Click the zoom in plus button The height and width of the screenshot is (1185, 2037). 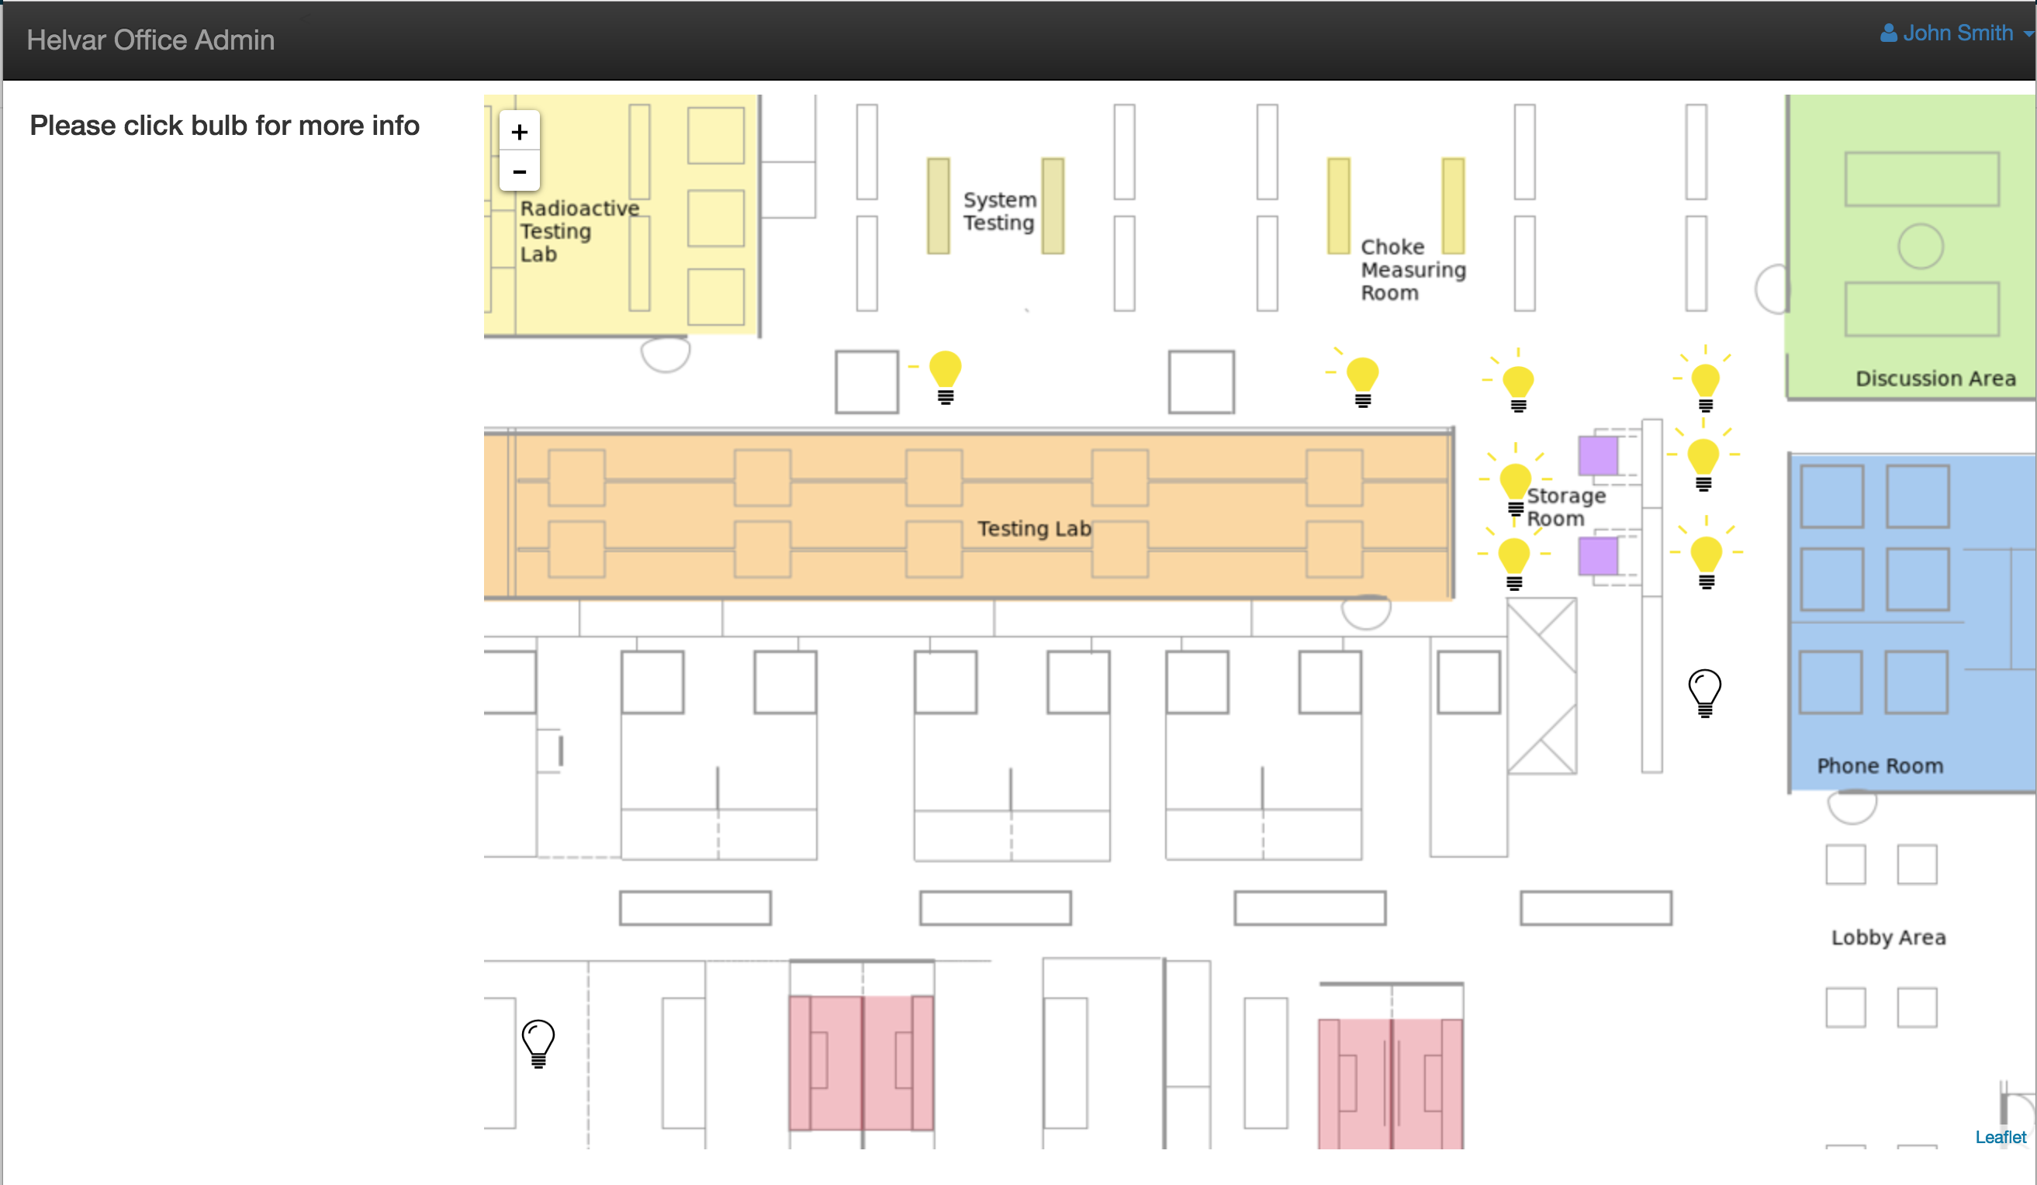coord(519,132)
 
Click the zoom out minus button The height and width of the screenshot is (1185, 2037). coord(519,171)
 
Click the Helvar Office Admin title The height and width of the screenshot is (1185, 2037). coord(150,40)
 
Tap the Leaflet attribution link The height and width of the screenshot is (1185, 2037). coord(2000,1136)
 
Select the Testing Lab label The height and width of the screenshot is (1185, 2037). coord(1034,529)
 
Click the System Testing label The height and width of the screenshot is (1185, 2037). coord(999,211)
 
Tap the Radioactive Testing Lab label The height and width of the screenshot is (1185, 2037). coord(579,231)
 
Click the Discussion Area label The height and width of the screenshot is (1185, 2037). coord(1935,378)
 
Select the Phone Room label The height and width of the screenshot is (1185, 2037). coord(1880,765)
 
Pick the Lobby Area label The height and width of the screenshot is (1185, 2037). coord(1887,938)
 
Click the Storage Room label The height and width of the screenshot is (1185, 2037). coord(1565,507)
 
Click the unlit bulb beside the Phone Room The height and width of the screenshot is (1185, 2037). coord(1704,693)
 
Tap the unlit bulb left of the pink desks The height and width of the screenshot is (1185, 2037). coord(538,1043)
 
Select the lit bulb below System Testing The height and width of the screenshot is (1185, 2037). coord(945,377)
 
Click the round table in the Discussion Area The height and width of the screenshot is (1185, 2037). coord(1920,246)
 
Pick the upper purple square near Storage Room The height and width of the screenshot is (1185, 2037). coord(1598,455)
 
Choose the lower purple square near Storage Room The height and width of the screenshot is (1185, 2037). coord(1598,556)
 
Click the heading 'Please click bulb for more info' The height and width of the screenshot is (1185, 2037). coord(225,126)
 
